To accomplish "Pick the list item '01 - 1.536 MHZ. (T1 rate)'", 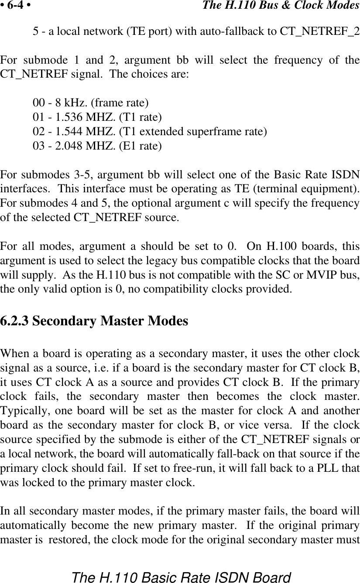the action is point(97,117).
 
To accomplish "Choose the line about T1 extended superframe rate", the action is point(150,131).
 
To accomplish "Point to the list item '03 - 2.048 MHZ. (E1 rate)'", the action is point(97,146).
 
